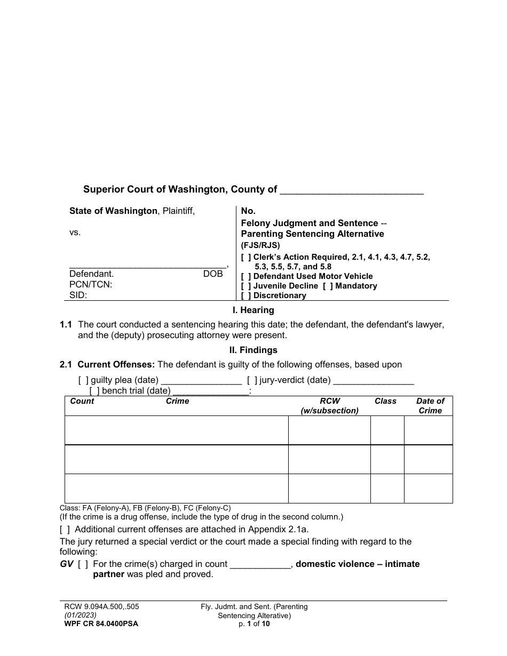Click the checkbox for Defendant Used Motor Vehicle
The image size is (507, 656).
(246, 276)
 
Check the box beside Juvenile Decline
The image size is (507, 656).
(246, 286)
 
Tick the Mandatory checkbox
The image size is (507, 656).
(328, 286)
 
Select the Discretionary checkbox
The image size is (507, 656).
(246, 295)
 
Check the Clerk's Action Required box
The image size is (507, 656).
(246, 257)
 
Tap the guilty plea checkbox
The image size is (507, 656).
(83, 380)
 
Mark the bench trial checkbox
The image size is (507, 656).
(94, 390)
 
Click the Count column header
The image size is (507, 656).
(82, 401)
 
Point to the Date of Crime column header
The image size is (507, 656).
(430, 406)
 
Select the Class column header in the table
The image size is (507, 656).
(385, 401)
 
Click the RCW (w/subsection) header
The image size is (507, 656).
(329, 406)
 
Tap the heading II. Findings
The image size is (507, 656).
(253, 350)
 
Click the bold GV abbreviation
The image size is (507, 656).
(66, 564)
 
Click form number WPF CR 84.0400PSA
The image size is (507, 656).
(99, 623)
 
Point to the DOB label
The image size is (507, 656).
(213, 274)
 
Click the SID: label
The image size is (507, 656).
(78, 295)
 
